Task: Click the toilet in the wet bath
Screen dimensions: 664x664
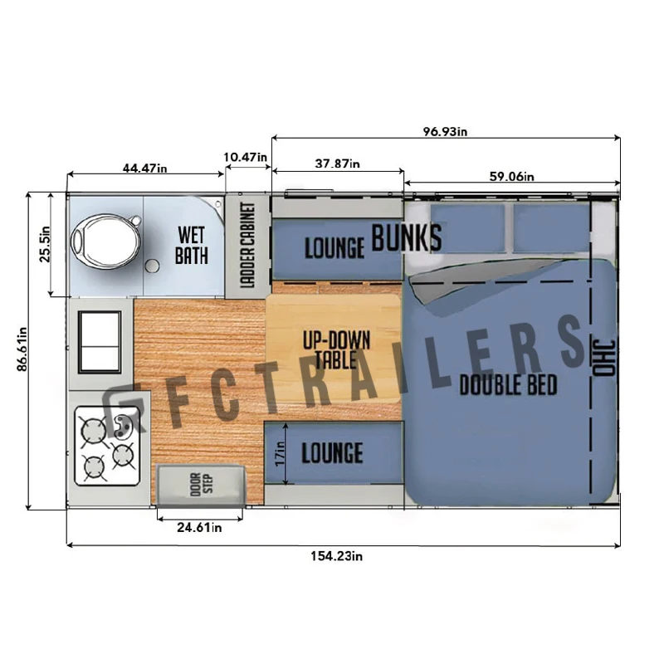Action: [x=105, y=241]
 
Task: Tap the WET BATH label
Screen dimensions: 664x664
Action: [x=192, y=246]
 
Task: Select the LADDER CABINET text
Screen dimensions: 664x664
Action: [x=247, y=245]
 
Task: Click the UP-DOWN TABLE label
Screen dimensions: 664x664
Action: [x=336, y=349]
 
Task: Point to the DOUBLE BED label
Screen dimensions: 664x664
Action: [x=508, y=384]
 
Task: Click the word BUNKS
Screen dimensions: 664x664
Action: [x=407, y=238]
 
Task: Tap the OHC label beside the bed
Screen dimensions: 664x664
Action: [x=604, y=358]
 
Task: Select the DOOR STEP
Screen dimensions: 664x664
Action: [x=201, y=485]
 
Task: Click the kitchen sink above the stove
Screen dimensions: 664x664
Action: [x=100, y=342]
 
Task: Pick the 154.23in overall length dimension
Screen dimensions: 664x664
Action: [x=337, y=555]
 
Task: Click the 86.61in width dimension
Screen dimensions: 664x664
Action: [x=22, y=349]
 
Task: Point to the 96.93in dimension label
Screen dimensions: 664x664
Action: [x=445, y=132]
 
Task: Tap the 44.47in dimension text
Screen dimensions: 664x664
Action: [x=144, y=168]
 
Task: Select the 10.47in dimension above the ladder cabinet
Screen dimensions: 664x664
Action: [x=246, y=157]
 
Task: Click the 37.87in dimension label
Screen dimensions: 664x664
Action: [x=338, y=163]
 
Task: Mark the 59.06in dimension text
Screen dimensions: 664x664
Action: [x=511, y=176]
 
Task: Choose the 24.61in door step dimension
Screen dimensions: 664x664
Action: [x=199, y=527]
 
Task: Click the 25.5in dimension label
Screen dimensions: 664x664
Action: [x=45, y=244]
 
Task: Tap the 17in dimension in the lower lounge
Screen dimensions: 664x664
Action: [x=280, y=453]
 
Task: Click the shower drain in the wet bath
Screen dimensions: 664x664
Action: [x=152, y=266]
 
